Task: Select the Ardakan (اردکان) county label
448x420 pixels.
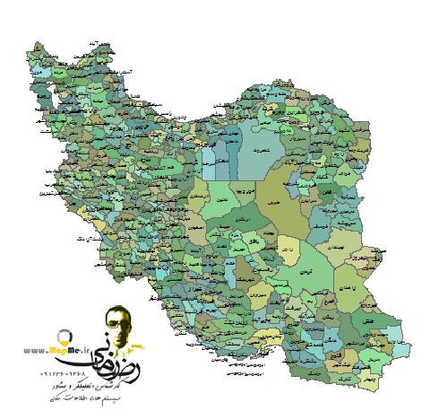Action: pos(245,218)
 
